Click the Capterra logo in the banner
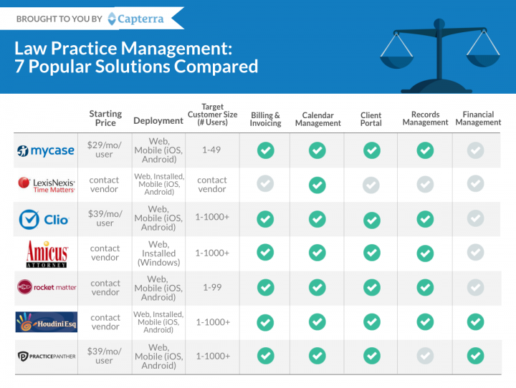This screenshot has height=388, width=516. (135, 19)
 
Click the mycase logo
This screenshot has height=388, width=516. (45, 150)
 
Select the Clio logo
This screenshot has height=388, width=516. (44, 219)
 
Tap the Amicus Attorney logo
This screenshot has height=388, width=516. (47, 254)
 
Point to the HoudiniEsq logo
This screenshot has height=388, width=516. (47, 322)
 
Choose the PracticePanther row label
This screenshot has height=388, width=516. (47, 356)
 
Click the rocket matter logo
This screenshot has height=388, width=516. (47, 287)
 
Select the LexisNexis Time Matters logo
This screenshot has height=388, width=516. (47, 185)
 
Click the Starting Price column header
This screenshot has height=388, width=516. (105, 118)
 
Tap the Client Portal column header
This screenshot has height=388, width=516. (371, 119)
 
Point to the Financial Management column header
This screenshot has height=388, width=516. (478, 118)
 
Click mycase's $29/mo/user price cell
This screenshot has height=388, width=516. (105, 150)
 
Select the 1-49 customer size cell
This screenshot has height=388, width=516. (211, 150)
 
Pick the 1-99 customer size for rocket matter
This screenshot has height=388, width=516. (212, 287)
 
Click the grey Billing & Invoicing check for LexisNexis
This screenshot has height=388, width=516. (265, 183)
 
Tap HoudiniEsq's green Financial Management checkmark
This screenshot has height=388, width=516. (475, 321)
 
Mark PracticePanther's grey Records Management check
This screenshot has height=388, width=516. (425, 356)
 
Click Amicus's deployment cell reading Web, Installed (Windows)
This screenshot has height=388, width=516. (158, 253)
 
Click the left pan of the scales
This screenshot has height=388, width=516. (396, 62)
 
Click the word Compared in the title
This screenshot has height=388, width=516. (216, 67)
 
